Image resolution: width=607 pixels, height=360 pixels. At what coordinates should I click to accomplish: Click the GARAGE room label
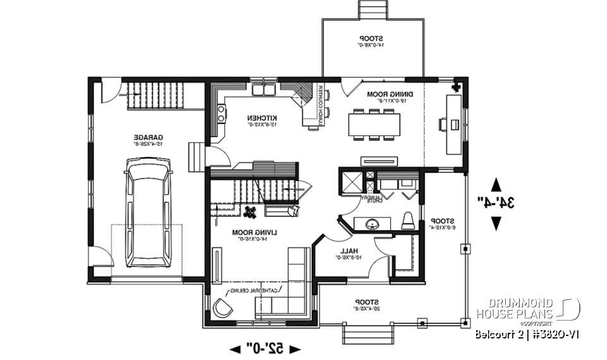149,137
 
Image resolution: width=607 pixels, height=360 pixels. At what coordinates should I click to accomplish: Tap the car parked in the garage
149,213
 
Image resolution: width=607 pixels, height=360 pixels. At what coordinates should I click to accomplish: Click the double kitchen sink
265,91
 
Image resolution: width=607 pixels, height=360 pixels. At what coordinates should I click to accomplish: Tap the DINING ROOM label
385,94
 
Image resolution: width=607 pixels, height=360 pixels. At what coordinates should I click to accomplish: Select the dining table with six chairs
374,124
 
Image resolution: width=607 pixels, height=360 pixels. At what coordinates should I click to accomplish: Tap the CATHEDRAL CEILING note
255,290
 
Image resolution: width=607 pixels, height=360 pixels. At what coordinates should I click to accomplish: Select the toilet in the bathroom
408,220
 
